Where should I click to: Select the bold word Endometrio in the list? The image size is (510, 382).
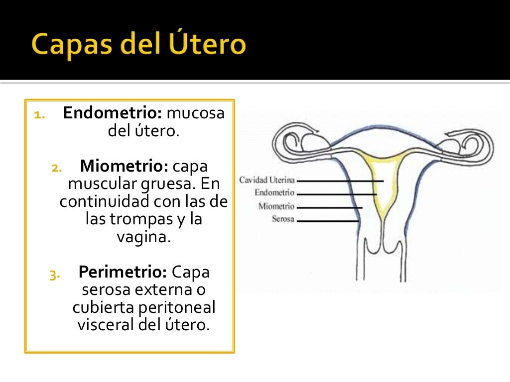coord(113,113)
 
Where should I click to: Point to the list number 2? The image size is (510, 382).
coord(56,168)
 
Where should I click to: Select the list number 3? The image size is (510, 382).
coord(54,275)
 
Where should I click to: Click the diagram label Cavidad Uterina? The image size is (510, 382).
coord(267,180)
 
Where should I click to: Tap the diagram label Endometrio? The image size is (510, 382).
coord(274,193)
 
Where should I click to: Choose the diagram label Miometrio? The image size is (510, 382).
coord(276,206)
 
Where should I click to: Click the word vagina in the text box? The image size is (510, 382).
coord(143,237)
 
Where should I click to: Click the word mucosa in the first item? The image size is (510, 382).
coord(196,113)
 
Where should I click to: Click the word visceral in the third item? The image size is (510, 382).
coord(104,325)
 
